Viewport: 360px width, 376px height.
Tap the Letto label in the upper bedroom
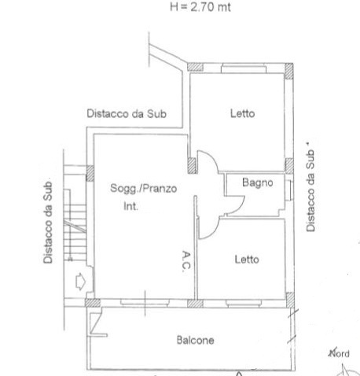pos(242,113)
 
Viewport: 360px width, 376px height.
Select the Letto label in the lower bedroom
pos(246,259)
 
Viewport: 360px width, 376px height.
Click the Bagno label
pos(257,183)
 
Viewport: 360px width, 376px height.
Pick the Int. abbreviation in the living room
pos(130,207)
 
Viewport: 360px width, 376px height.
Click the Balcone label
pos(194,340)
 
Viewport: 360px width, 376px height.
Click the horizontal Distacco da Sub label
pos(126,113)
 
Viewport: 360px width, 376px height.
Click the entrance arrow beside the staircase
pos(79,280)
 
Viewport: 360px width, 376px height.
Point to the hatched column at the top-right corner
pos(289,69)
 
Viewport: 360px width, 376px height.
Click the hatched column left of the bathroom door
pos(191,166)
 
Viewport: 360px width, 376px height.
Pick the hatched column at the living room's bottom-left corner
pos(92,302)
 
